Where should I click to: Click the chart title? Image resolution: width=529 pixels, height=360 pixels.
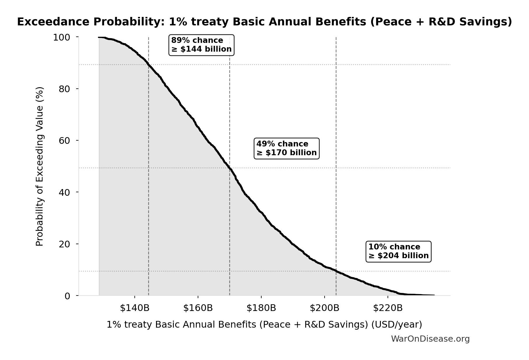264,22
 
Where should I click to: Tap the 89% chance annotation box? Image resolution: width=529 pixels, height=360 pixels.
201,45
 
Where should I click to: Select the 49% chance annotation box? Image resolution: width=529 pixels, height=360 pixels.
286,148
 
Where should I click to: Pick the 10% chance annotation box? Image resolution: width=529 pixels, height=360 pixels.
398,251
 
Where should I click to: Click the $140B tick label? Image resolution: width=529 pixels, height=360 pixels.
135,308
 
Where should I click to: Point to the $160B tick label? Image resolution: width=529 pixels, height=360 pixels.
198,308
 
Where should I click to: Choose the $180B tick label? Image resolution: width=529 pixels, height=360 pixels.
261,308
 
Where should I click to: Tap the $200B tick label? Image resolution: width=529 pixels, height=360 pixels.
325,308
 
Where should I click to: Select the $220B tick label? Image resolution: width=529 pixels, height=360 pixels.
388,308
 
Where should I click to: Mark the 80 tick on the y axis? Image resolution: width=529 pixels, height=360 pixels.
64,89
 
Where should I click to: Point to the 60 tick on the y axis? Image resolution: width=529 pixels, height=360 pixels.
64,141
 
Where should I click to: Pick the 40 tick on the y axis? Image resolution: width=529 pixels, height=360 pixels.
64,192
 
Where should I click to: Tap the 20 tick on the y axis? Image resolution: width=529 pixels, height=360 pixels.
64,244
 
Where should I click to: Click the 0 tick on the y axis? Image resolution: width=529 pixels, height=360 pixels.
67,296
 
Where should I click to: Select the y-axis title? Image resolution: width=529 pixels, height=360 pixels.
40,166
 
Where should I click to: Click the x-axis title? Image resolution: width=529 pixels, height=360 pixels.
264,325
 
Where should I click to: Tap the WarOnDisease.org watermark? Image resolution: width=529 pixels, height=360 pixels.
430,339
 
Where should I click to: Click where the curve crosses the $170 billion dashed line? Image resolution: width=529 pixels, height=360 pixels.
230,168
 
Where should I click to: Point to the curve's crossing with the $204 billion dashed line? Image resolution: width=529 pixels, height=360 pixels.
336,271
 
